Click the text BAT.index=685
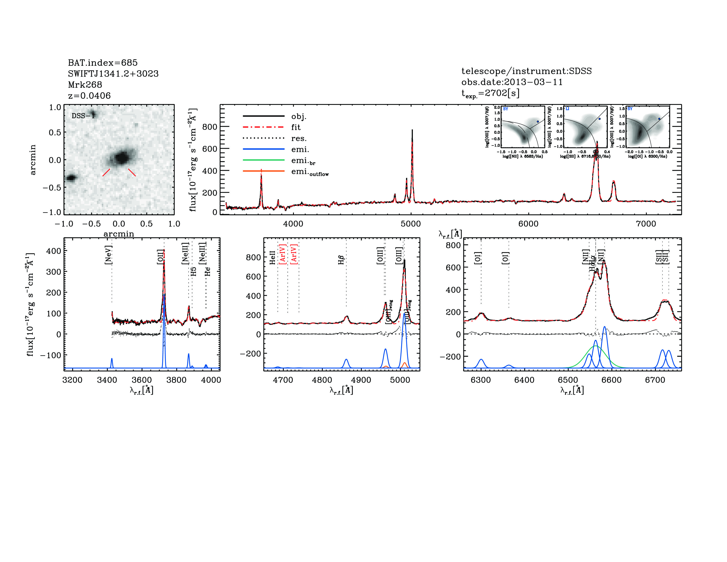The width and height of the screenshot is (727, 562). [102, 63]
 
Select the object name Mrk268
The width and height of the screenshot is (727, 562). [85, 85]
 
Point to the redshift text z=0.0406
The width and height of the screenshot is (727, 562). [89, 96]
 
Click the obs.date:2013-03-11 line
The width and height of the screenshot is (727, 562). [512, 82]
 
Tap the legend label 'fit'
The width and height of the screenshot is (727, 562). [296, 127]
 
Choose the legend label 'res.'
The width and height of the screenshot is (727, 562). [299, 138]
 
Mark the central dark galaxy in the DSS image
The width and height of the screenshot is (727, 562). [122, 158]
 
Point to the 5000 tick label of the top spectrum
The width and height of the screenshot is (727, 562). [410, 224]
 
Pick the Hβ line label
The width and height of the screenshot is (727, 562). [341, 260]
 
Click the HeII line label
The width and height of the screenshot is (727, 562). [272, 257]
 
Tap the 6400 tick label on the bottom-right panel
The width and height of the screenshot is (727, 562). [524, 380]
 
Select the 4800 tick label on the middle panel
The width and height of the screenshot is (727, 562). [322, 380]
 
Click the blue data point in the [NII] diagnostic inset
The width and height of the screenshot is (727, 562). [538, 121]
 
